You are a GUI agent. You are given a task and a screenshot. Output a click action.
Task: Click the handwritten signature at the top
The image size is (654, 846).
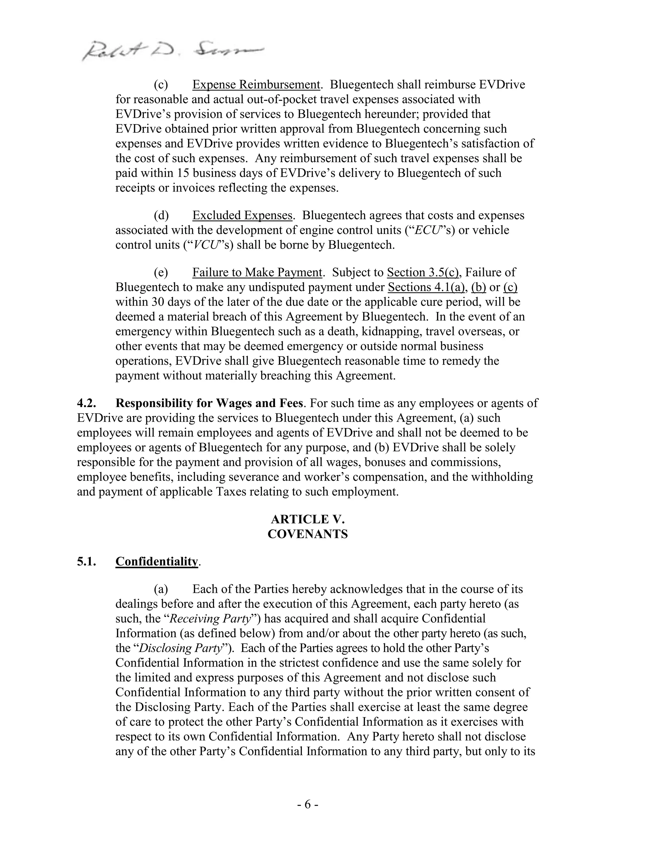172,51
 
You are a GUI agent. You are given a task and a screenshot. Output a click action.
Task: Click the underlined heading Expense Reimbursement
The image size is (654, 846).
256,85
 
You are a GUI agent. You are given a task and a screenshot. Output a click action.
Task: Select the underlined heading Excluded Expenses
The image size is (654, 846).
242,215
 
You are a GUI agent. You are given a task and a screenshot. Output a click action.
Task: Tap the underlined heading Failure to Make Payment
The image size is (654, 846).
257,273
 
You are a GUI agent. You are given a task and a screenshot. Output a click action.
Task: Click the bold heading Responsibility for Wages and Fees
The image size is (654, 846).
209,403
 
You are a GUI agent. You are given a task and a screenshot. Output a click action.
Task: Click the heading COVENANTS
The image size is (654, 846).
308,534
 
